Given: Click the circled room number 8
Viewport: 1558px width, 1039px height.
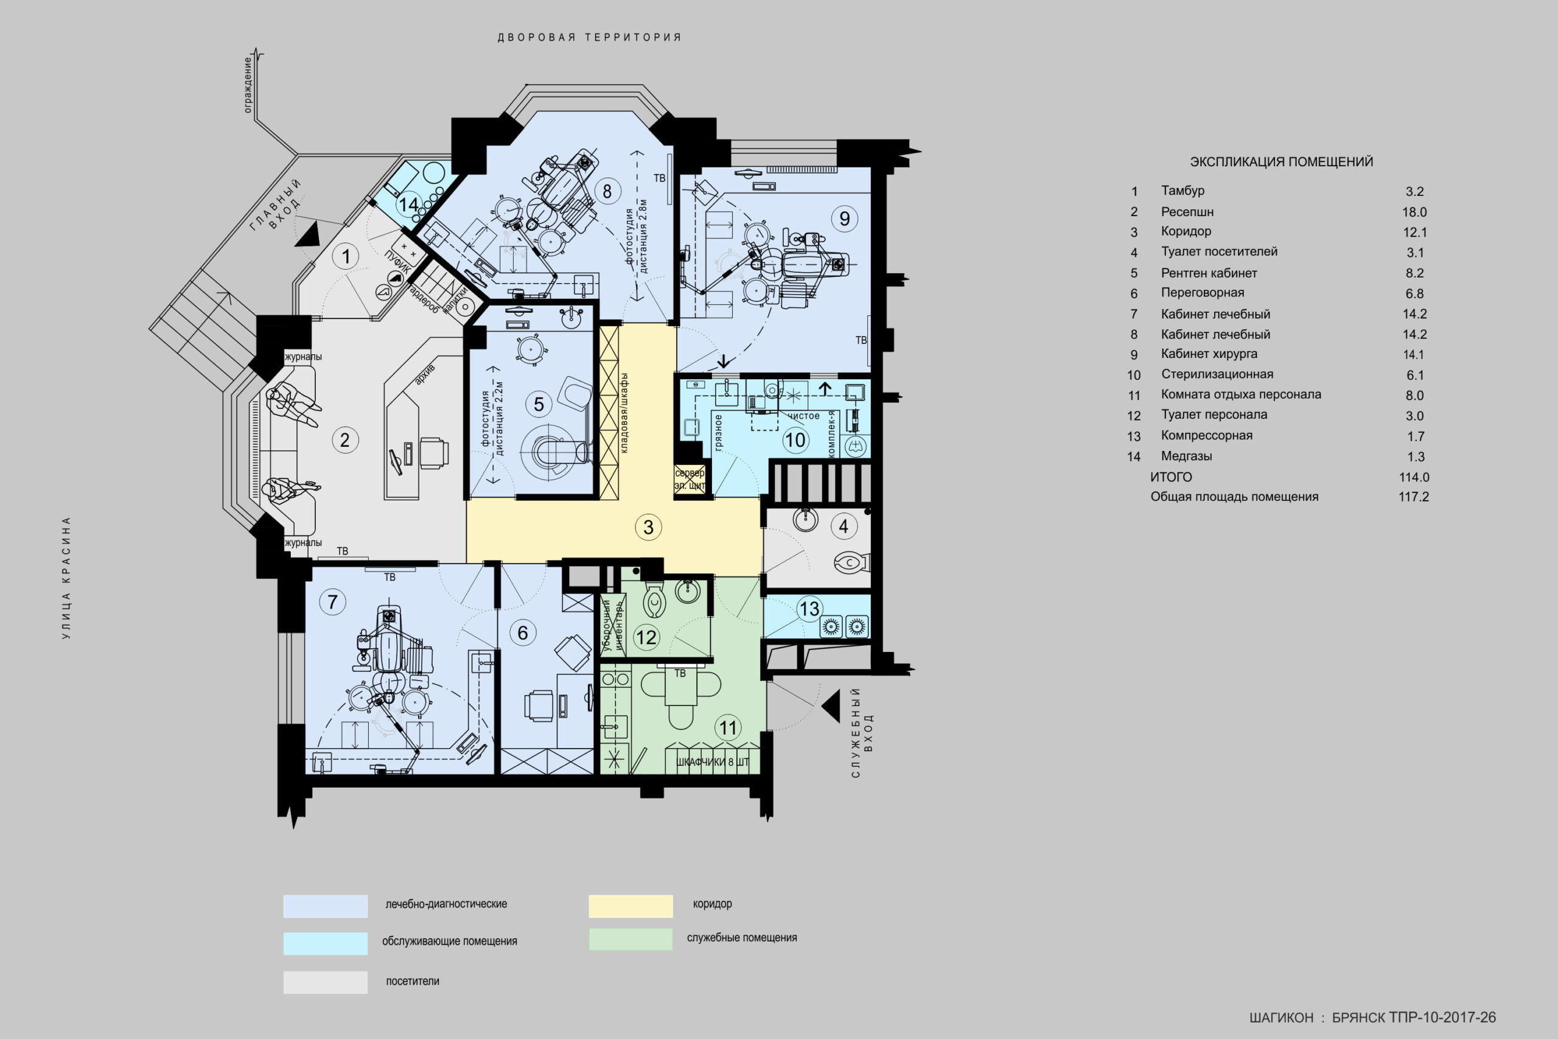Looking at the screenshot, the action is pyautogui.click(x=607, y=192).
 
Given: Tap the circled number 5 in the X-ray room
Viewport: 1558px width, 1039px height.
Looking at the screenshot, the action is pyautogui.click(x=539, y=404).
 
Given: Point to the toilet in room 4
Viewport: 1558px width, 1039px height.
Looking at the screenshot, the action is pyautogui.click(x=851, y=563).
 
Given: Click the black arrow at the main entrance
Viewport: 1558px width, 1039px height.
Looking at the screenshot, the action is pyautogui.click(x=309, y=234).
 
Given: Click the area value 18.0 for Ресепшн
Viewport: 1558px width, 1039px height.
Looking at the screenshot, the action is pyautogui.click(x=1414, y=212).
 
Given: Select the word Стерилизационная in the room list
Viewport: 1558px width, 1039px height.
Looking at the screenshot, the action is pyautogui.click(x=1217, y=374).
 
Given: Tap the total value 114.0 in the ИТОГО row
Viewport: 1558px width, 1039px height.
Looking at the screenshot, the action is pyautogui.click(x=1414, y=477).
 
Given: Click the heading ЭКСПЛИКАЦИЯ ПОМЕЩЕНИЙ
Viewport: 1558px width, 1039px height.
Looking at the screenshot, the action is pyautogui.click(x=1281, y=162).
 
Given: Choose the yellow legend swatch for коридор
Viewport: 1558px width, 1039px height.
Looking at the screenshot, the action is pyautogui.click(x=631, y=906).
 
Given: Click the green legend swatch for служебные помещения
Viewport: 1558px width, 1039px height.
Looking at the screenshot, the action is pyautogui.click(x=631, y=939).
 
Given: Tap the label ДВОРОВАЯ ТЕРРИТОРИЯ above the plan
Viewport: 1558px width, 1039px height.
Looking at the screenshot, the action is pyautogui.click(x=590, y=38).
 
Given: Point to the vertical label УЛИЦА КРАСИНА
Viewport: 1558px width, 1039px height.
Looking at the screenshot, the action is pyautogui.click(x=66, y=578).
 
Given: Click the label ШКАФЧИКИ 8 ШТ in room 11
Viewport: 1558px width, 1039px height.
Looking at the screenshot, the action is pyautogui.click(x=712, y=762).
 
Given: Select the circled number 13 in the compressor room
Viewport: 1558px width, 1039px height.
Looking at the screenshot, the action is pyautogui.click(x=809, y=609).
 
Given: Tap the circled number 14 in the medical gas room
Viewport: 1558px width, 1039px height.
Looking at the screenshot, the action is pyautogui.click(x=409, y=204).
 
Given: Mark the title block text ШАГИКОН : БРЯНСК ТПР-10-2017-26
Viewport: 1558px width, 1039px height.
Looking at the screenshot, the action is pyautogui.click(x=1372, y=1017).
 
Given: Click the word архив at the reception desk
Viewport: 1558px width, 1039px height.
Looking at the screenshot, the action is pyautogui.click(x=425, y=374).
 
